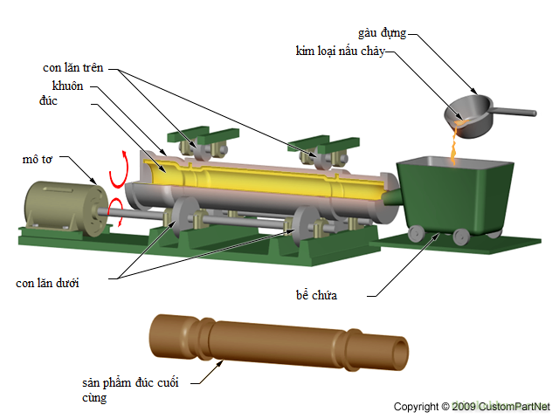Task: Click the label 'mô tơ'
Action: point(38,159)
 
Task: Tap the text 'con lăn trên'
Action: point(73,68)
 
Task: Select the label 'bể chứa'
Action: point(316,295)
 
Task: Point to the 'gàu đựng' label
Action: point(383,33)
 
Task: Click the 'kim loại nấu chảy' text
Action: point(341,51)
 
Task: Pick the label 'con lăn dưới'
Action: point(47,283)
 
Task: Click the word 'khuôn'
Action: point(68,86)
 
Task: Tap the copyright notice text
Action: point(472,407)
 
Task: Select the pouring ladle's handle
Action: point(514,112)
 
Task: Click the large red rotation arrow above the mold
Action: point(119,170)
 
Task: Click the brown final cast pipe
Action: point(279,343)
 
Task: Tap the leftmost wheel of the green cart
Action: point(416,234)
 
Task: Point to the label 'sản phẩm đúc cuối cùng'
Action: point(130,390)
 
